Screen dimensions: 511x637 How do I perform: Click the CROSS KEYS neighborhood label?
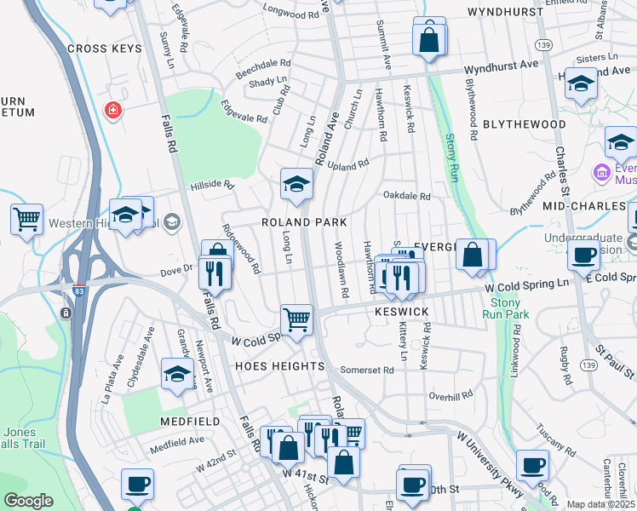[110, 49]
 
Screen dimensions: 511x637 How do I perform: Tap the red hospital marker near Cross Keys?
[112, 110]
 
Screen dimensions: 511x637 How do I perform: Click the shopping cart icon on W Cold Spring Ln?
[296, 321]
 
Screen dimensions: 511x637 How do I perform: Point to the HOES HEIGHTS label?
[279, 366]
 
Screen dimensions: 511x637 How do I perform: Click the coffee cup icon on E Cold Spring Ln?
[584, 255]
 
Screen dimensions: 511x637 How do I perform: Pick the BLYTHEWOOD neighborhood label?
[524, 124]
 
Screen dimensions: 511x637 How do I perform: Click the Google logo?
[29, 501]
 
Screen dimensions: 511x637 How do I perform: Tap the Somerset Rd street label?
[367, 370]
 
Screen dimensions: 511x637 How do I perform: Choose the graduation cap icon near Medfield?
[177, 374]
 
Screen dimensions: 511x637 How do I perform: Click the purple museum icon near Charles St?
[602, 172]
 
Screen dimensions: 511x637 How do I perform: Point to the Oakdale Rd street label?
[407, 196]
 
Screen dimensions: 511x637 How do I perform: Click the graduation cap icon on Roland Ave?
[296, 184]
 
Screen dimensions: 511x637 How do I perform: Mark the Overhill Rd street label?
[450, 396]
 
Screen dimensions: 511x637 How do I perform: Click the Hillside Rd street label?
[211, 184]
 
